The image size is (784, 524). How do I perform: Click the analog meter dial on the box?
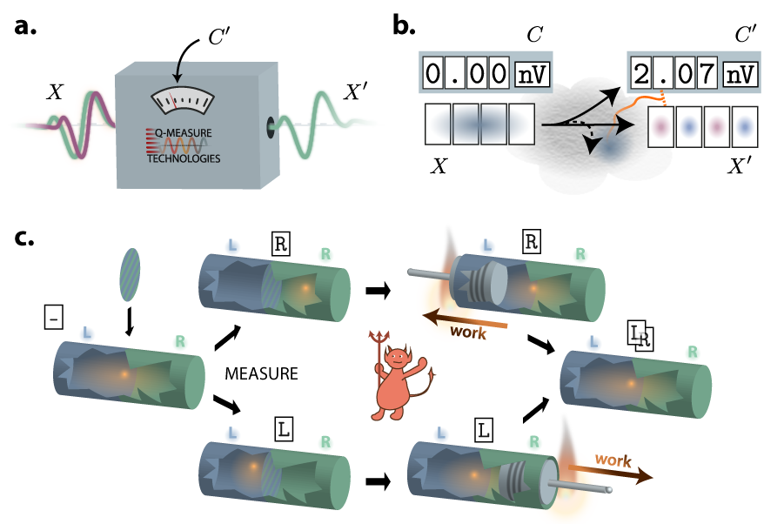coord(183,100)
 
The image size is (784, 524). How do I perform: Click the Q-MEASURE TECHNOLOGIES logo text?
coord(183,146)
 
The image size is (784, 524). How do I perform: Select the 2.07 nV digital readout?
coord(694,73)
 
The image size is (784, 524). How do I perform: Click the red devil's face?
coord(399,359)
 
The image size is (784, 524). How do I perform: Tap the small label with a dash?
coord(54,318)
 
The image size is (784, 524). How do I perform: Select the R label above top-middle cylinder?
coord(280,244)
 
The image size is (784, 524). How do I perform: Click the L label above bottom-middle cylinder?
coord(284,428)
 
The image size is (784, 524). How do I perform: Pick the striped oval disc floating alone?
coord(130,274)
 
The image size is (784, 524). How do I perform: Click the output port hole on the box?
coord(271,124)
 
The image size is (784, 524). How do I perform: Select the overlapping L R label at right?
coord(640,335)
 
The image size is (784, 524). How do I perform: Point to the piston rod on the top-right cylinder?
coord(428,275)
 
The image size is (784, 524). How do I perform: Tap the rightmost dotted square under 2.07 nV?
coord(744,127)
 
